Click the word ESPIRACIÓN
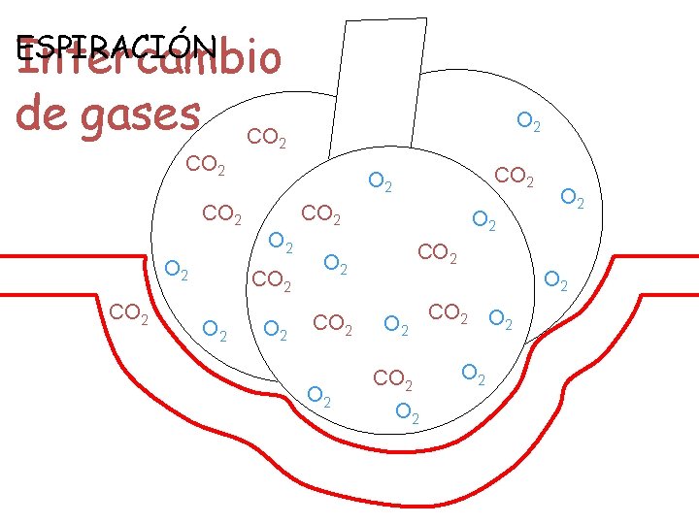click(x=116, y=46)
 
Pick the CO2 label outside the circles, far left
click(x=129, y=313)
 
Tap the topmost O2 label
click(x=529, y=122)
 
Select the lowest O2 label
click(x=409, y=411)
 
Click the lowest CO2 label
click(x=394, y=377)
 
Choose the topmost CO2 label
click(x=266, y=138)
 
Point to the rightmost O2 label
click(x=574, y=198)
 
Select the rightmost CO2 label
click(x=515, y=177)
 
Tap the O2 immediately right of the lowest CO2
click(x=474, y=373)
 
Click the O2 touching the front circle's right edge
click(x=555, y=280)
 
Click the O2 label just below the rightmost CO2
click(x=483, y=220)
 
